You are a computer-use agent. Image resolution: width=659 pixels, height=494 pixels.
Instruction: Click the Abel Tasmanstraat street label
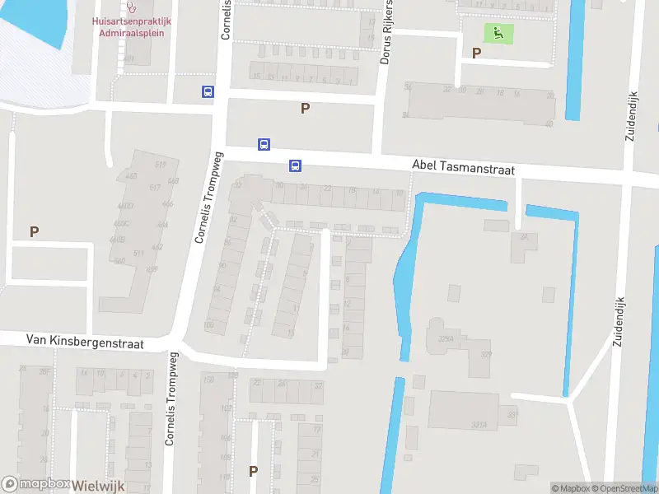[463, 169]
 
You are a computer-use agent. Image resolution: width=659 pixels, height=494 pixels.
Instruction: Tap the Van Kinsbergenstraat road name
[86, 341]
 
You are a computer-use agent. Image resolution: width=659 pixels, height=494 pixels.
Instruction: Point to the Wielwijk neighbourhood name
[98, 486]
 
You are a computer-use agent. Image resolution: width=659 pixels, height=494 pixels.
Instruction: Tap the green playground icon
[498, 34]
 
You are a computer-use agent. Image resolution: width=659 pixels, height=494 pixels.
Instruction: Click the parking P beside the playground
[476, 53]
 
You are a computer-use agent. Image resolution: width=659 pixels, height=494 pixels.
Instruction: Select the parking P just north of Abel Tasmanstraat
[305, 108]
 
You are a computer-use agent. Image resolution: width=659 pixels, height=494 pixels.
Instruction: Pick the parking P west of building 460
[34, 232]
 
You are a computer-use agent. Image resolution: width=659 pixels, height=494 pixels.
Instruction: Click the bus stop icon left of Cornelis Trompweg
[208, 92]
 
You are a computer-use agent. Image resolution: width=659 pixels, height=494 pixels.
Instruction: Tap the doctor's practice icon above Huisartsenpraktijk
[129, 6]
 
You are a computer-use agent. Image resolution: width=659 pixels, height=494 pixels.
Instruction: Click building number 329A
[446, 338]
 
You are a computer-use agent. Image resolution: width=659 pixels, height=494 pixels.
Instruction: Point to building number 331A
[479, 425]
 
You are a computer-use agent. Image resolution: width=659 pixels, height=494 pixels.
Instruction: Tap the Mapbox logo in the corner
[35, 485]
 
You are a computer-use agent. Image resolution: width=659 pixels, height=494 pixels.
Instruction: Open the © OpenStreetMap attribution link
[625, 488]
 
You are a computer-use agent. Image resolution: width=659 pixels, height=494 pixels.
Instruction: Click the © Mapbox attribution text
[570, 488]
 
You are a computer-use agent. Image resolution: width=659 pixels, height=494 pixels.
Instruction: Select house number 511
[139, 253]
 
